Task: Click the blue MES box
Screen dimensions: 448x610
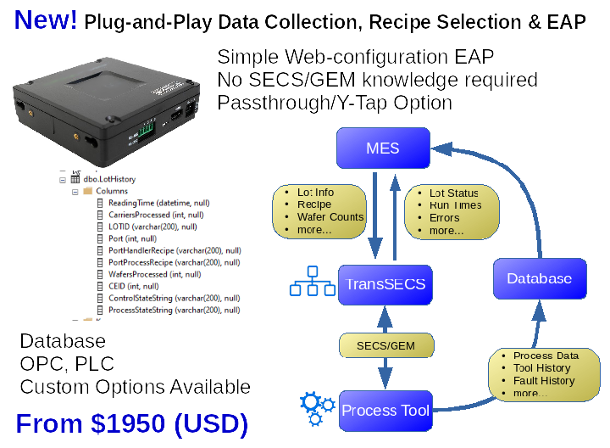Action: coord(383,148)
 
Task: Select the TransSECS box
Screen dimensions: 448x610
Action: coord(385,283)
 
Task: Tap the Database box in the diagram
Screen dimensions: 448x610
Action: coord(539,278)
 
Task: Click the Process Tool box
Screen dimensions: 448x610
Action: coord(385,411)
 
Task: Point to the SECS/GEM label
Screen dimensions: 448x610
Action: coord(385,345)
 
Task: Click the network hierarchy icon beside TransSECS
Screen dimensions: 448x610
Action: coord(312,282)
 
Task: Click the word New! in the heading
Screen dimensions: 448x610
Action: coord(46,20)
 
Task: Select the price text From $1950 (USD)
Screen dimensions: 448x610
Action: coord(132,423)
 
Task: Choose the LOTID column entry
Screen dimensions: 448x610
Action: coord(152,227)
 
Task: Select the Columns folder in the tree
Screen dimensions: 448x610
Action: coord(111,192)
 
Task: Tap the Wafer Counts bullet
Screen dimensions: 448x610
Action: coord(330,217)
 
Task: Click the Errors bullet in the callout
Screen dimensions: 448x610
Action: coord(445,218)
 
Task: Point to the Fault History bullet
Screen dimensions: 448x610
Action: coord(544,381)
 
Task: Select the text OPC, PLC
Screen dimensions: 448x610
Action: coord(66,365)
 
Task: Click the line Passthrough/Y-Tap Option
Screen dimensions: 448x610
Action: coord(335,103)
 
